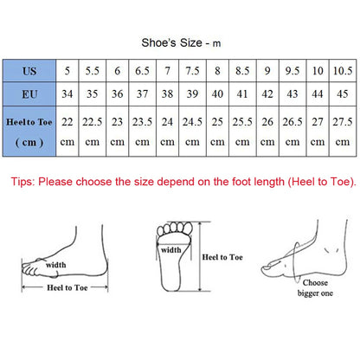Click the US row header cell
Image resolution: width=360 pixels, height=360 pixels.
pyautogui.click(x=30, y=69)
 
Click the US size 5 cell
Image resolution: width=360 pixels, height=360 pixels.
pyautogui.click(x=68, y=69)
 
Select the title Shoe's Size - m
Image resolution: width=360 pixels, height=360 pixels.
pyautogui.click(x=180, y=41)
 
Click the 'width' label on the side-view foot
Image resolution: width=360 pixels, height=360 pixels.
pyautogui.click(x=55, y=265)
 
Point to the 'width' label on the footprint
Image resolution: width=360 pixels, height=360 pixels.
pyautogui.click(x=170, y=249)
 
